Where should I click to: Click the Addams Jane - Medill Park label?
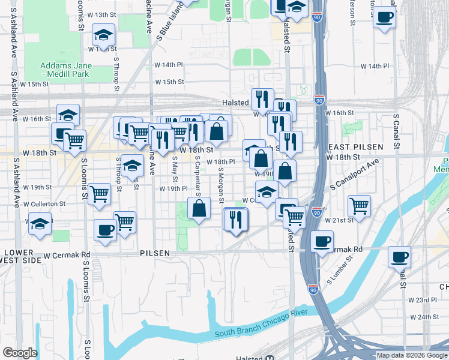tap(64, 69)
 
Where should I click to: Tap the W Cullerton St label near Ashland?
tap(46, 204)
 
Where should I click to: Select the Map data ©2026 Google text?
tap(411, 355)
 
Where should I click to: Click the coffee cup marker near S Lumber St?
tap(322, 241)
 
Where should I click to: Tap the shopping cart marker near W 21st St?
tap(359, 206)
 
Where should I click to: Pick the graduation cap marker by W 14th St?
tap(104, 35)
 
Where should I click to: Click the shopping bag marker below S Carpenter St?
tap(199, 209)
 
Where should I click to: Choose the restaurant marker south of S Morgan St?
tap(235, 219)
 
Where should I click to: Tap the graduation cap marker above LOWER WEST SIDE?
tap(40, 224)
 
